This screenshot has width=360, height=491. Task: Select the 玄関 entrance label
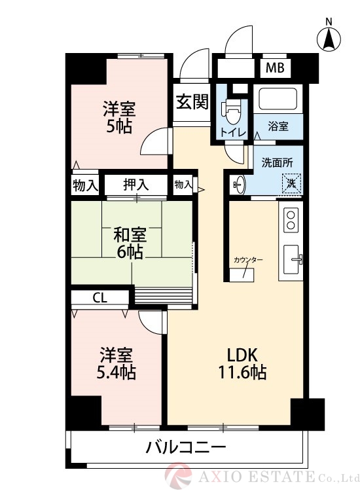tap(192, 101)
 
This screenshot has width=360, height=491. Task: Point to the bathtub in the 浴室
tap(278, 100)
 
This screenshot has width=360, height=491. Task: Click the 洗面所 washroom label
tap(277, 162)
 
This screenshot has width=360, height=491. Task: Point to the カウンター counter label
tap(248, 260)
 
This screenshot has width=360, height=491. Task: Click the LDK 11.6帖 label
tap(246, 364)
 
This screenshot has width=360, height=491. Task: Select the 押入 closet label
tap(136, 185)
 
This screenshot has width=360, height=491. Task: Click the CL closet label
tap(99, 298)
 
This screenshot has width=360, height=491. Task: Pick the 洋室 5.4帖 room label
tap(118, 364)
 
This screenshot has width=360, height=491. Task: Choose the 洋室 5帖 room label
tap(119, 117)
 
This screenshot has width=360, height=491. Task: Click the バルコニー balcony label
tap(186, 448)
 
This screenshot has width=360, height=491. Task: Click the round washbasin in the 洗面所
tap(238, 185)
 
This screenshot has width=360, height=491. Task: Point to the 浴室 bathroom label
tap(278, 126)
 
